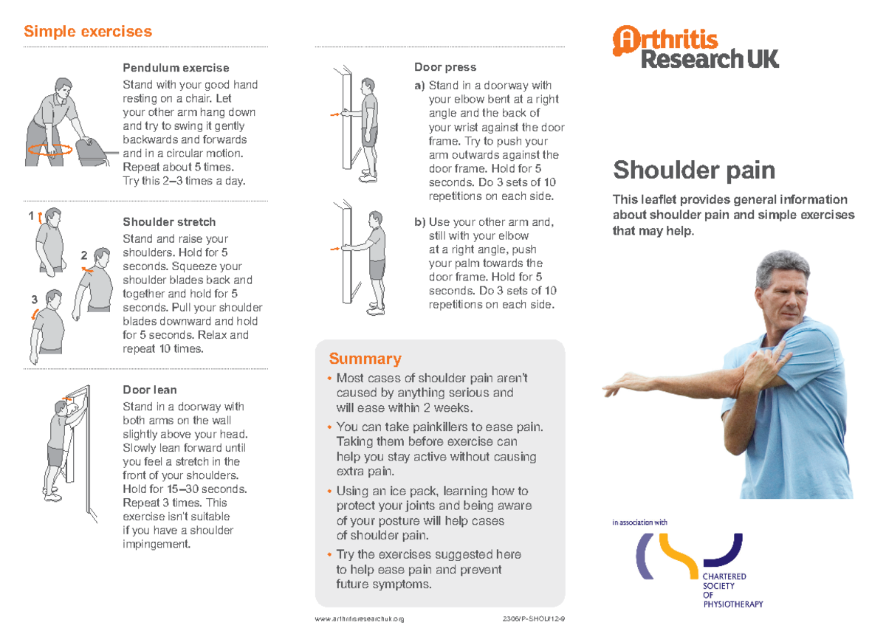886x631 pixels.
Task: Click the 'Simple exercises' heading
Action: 88,32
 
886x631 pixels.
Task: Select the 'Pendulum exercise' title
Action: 176,68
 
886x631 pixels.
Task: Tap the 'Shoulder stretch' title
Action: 169,221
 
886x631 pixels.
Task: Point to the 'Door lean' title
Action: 149,389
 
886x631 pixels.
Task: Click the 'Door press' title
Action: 445,67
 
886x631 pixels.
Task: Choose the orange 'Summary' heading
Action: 365,359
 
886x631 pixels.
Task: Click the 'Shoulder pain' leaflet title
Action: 693,170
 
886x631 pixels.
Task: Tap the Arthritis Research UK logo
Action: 695,47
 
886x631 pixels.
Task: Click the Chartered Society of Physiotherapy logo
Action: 694,568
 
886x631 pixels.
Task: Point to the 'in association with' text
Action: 639,523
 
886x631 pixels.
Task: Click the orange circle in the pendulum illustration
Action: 50,149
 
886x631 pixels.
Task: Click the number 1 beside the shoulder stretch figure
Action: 31,216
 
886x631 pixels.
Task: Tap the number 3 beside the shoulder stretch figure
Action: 34,300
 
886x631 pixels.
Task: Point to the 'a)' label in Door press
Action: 419,86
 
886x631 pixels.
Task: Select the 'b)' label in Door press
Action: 419,222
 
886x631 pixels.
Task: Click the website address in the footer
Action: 360,619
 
